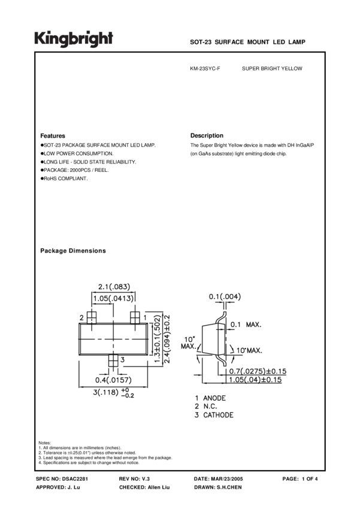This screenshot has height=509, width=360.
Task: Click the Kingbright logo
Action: click(73, 39)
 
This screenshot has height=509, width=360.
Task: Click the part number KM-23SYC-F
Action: click(205, 69)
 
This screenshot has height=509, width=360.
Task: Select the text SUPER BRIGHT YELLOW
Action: click(272, 69)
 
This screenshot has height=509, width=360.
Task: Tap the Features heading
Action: click(53, 136)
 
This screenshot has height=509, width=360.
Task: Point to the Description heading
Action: click(207, 136)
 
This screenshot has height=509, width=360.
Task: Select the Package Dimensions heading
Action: click(72, 251)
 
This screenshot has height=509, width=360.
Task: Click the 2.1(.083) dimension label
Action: click(114, 286)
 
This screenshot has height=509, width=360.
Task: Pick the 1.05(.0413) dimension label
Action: click(114, 298)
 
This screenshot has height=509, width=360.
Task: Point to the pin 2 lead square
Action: click(92, 317)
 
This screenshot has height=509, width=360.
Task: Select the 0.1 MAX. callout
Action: click(246, 325)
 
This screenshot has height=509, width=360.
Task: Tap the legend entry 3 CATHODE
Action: click(213, 415)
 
